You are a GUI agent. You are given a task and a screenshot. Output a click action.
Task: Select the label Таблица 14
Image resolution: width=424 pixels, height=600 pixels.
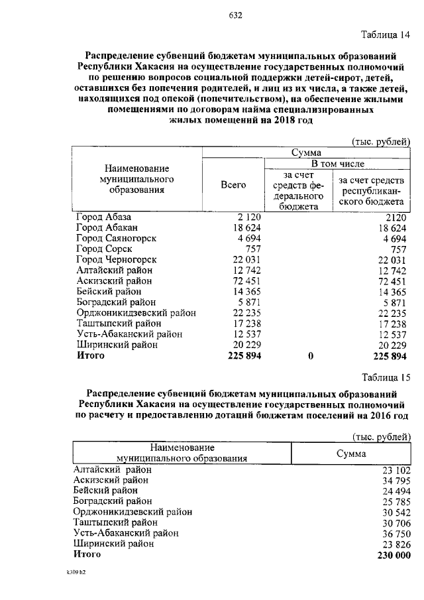[x=386, y=34]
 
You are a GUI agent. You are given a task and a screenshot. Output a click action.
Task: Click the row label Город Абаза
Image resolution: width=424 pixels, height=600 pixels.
[x=104, y=217]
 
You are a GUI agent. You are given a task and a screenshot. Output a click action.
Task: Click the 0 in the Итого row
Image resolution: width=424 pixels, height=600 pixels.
[x=310, y=355]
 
